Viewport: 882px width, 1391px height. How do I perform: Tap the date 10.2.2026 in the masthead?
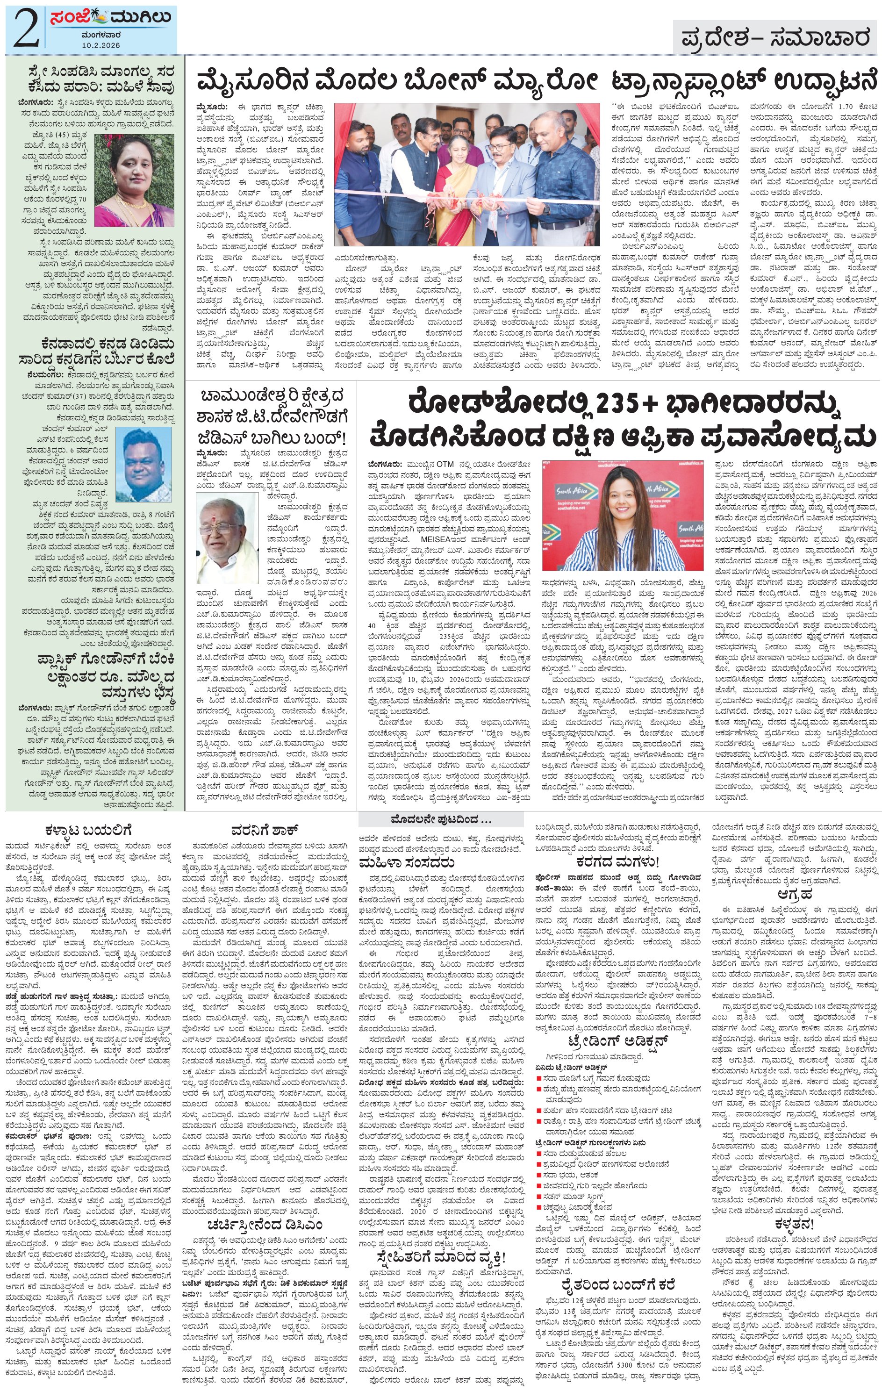coord(100,44)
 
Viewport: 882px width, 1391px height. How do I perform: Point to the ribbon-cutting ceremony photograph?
coord(466,174)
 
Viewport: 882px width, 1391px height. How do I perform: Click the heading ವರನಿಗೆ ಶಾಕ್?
coord(264,830)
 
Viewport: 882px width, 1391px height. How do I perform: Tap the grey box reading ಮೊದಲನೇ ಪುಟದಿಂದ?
coord(441,819)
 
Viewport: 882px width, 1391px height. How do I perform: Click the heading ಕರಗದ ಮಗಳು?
coord(617,862)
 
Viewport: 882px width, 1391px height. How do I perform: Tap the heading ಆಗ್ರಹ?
coord(794,894)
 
